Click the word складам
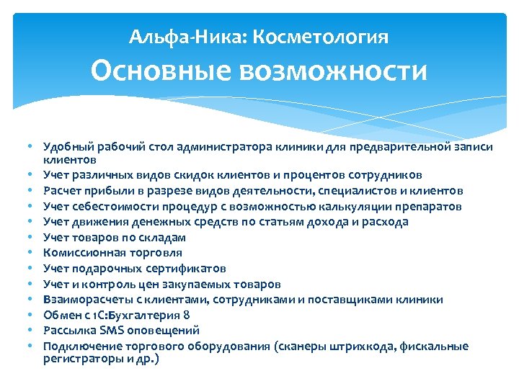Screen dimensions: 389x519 (x=164, y=237)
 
